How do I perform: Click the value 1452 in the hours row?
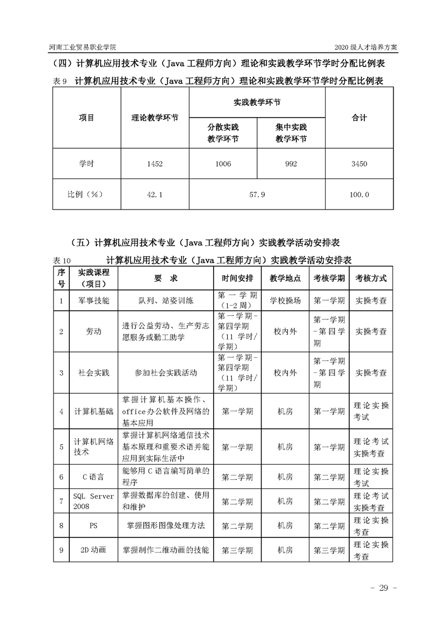[x=155, y=164]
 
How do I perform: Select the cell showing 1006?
[x=223, y=164]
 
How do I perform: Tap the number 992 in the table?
[x=291, y=164]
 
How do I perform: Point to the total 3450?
[x=359, y=164]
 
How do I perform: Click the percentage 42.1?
[x=155, y=195]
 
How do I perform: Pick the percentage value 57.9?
[x=256, y=195]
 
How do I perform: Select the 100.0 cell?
[x=359, y=195]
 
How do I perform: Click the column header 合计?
[x=359, y=118]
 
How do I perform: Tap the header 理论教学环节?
[x=155, y=118]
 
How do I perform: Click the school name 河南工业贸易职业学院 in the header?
[x=83, y=47]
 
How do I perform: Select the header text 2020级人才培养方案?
[x=366, y=47]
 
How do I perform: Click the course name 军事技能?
[x=92, y=301]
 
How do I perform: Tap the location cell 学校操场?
[x=285, y=301]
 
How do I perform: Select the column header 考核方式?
[x=371, y=279]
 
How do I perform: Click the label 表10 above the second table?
[x=62, y=261]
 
